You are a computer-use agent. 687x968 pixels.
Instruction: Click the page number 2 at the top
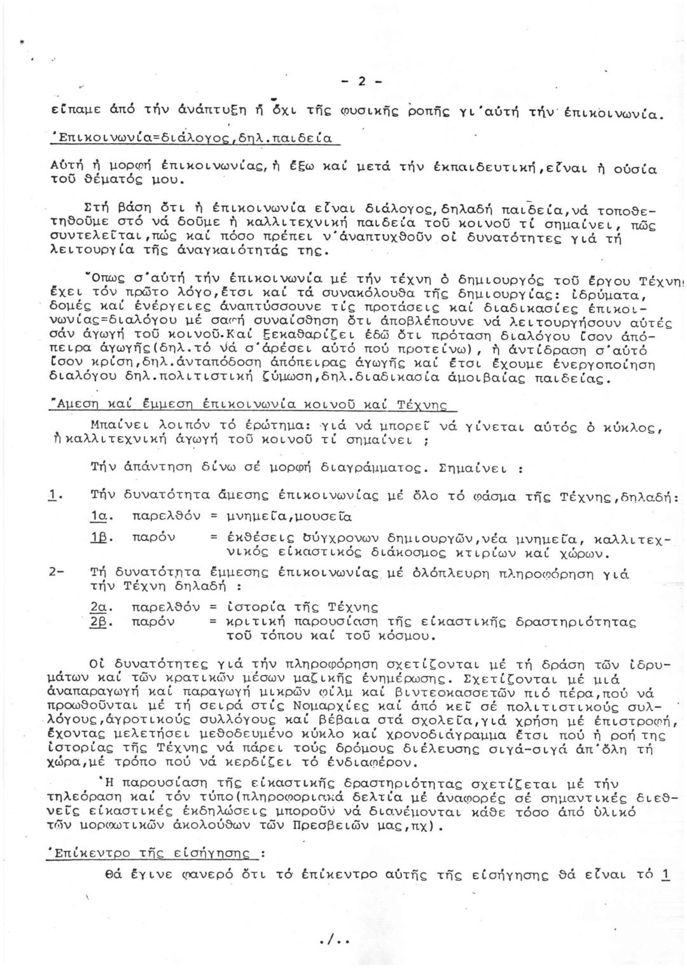pos(361,82)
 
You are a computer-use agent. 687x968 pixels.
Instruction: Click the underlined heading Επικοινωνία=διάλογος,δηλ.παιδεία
pos(195,138)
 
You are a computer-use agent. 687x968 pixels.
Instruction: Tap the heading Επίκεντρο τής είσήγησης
pos(151,854)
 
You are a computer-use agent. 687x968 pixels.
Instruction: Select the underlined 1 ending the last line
pos(665,874)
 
